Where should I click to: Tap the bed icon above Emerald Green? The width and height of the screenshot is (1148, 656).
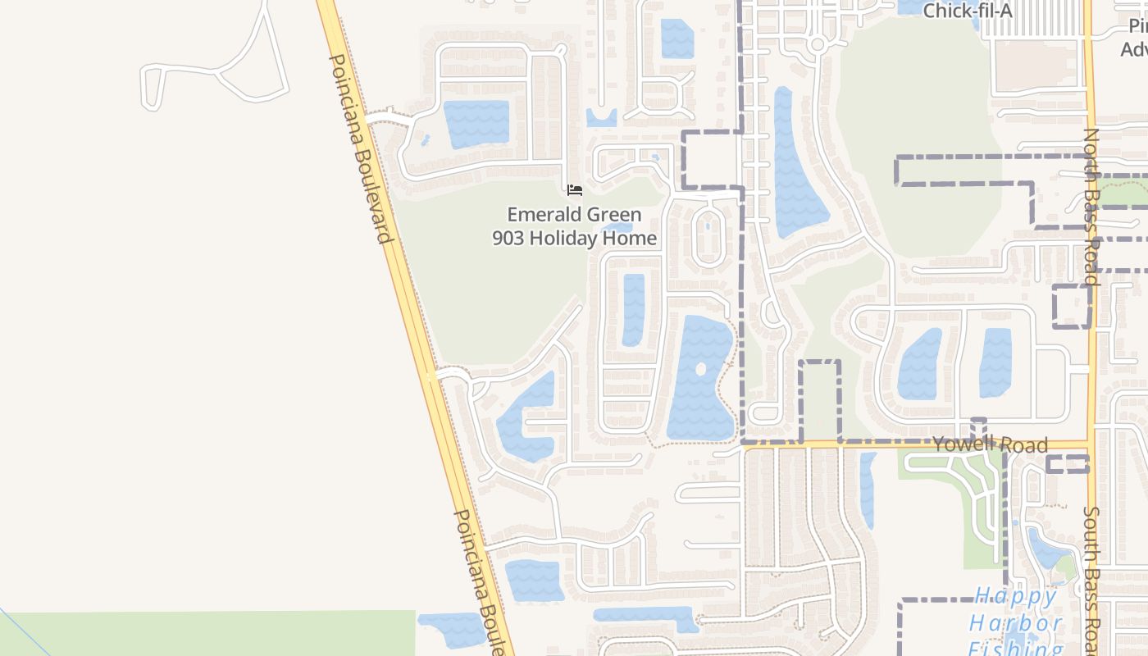pos(575,190)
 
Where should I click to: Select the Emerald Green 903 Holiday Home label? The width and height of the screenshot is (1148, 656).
pos(574,226)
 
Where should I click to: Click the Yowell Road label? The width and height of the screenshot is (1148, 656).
pos(990,444)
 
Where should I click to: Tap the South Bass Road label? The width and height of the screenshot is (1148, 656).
pos(1091,578)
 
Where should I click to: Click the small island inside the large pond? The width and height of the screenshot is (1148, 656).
pos(700,369)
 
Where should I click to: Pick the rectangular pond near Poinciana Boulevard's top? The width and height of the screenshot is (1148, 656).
pos(476,124)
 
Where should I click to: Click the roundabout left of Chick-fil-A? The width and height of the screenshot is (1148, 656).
pos(817,44)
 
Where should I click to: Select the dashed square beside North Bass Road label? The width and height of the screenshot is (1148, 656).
pos(1072,306)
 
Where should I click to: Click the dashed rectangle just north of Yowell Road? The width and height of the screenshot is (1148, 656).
pos(820,400)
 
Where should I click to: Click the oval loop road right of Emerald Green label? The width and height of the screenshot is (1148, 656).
pos(708,236)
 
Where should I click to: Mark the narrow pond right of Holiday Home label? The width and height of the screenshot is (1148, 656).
pos(633,309)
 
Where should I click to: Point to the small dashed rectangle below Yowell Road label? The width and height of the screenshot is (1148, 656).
pos(1068,465)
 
